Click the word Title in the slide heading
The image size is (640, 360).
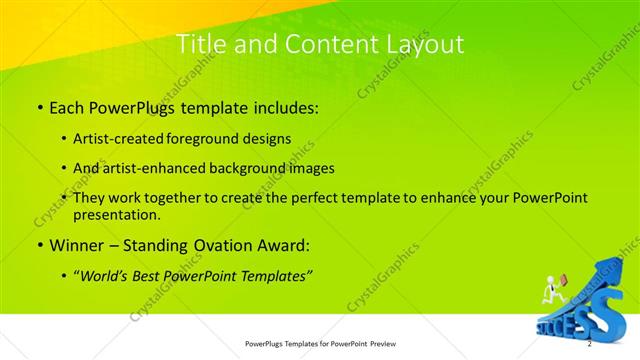pyautogui.click(x=199, y=44)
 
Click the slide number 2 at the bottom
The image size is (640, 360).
pyautogui.click(x=590, y=344)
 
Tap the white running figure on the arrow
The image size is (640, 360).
pyautogui.click(x=550, y=289)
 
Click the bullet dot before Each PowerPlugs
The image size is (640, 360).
pyautogui.click(x=38, y=105)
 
